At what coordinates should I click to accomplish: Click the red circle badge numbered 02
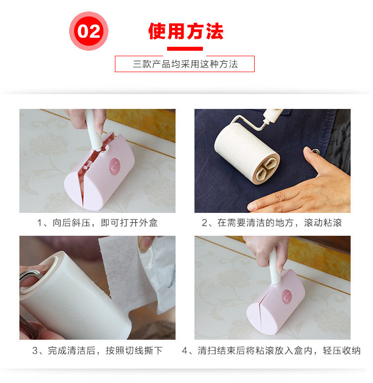(x=89, y=31)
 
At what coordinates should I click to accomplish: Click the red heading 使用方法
(x=186, y=31)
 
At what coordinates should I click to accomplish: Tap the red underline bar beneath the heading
(x=185, y=49)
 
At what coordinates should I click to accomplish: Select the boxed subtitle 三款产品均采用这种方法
(x=185, y=64)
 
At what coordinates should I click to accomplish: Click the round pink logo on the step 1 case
(x=115, y=167)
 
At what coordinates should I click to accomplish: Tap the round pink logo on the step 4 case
(x=287, y=296)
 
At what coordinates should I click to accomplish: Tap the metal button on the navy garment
(x=316, y=151)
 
